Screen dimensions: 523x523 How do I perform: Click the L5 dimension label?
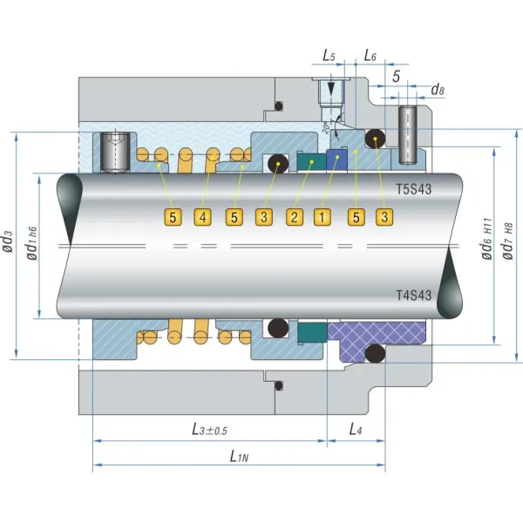(329, 56)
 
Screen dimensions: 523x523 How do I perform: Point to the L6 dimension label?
(370, 56)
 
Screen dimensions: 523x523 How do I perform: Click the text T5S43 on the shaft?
(413, 188)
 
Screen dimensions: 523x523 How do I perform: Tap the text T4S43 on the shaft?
(413, 295)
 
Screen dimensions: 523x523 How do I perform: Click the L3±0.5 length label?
(209, 429)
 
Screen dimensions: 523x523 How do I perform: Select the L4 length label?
(356, 429)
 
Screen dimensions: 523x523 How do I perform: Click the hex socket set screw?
(112, 152)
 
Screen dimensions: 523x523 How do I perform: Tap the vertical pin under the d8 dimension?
(409, 134)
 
